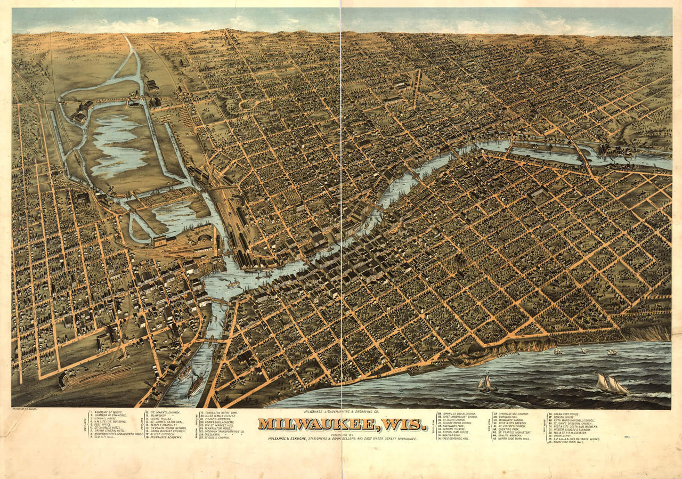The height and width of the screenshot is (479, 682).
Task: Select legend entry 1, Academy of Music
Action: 107,412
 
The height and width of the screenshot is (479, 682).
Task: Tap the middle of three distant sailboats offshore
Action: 584,351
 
